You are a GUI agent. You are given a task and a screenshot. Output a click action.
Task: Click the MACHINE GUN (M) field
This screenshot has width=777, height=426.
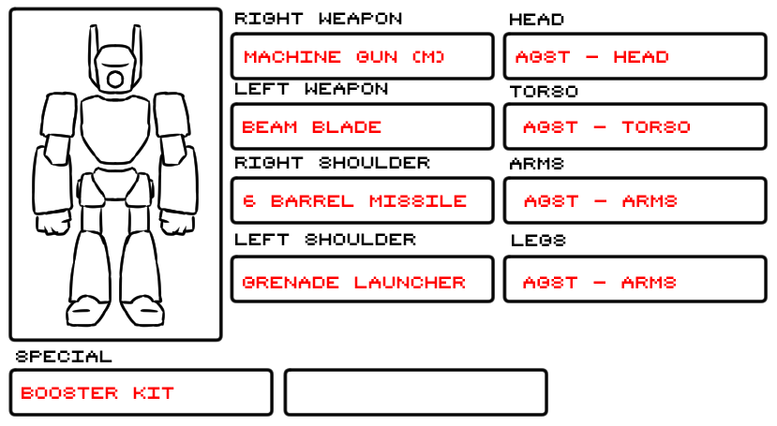(362, 56)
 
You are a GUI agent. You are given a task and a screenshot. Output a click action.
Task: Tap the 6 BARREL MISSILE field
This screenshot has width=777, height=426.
(362, 200)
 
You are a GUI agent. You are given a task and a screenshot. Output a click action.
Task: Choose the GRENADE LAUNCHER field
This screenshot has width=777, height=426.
(362, 281)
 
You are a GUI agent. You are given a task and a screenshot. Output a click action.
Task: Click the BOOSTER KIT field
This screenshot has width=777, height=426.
(141, 392)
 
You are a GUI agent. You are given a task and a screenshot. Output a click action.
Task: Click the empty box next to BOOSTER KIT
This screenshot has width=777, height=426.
(415, 392)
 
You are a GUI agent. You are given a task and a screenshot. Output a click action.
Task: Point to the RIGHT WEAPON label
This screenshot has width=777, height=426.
(318, 19)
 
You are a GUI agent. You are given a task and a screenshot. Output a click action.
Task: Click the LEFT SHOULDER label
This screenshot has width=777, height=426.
(324, 240)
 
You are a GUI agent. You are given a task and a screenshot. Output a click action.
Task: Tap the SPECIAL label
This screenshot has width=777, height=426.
(64, 357)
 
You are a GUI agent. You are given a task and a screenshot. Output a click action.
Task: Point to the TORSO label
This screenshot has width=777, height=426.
(544, 92)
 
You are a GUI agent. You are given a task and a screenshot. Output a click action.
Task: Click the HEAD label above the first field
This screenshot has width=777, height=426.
(536, 20)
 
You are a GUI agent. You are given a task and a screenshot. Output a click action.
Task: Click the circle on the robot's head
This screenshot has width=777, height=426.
(115, 79)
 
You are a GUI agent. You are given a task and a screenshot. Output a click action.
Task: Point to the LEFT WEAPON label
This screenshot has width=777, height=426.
(311, 89)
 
